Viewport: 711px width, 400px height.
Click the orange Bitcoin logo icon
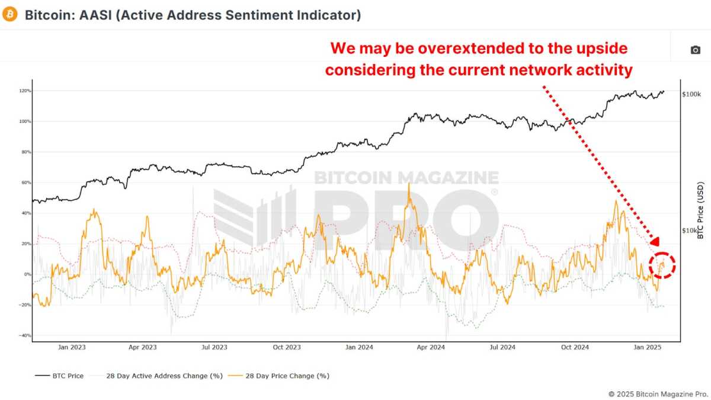(x=10, y=14)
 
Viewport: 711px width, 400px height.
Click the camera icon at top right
(x=695, y=50)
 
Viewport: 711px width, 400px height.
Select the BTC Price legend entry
(x=59, y=376)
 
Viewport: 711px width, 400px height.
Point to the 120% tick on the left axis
(x=24, y=91)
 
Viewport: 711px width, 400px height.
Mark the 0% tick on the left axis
(x=26, y=274)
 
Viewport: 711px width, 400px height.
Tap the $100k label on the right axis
(x=691, y=94)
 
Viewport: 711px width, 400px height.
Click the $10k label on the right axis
(x=690, y=231)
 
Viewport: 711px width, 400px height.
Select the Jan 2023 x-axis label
(x=73, y=347)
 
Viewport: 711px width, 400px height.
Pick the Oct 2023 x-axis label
(x=288, y=347)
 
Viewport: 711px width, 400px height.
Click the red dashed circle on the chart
(x=662, y=265)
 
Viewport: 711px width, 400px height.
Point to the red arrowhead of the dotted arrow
(x=654, y=241)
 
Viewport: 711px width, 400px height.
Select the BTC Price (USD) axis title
(x=700, y=211)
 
